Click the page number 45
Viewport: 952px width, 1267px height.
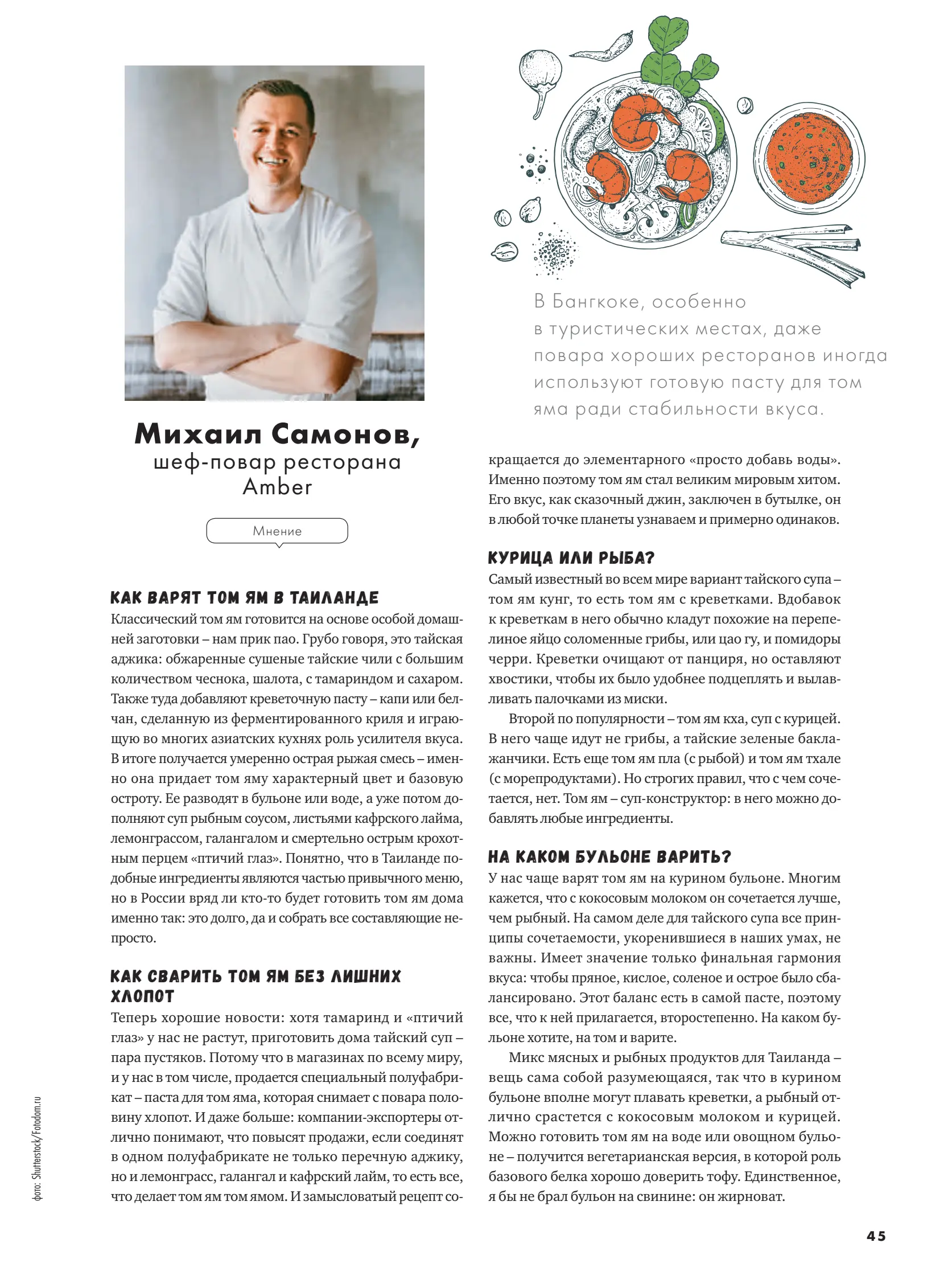(876, 1236)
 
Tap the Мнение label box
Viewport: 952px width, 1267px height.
(277, 531)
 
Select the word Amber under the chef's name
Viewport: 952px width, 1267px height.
(278, 487)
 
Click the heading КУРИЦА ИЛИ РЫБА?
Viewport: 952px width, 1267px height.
(571, 558)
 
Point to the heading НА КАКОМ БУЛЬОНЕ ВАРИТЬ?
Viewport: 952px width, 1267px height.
(609, 857)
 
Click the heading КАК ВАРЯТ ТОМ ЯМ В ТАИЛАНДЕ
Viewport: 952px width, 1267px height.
(245, 598)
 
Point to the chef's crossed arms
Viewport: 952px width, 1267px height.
(269, 344)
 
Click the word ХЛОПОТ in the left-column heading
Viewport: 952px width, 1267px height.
(142, 996)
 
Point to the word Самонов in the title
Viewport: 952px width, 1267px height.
(345, 434)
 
